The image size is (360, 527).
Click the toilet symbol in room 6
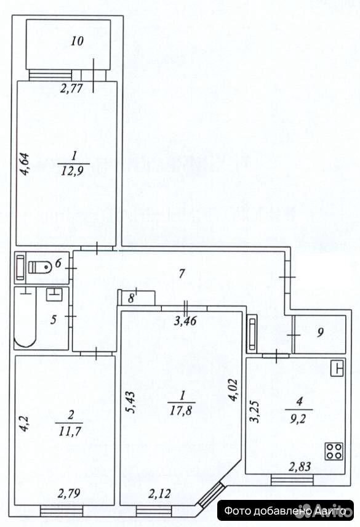coord(40,268)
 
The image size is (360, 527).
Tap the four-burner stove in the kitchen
coord(334,451)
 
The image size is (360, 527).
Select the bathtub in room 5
coord(25,318)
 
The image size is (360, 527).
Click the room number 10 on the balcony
coord(77,41)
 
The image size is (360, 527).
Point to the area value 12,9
coord(72,171)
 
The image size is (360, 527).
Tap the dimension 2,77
coord(71,89)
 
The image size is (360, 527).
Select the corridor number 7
coord(182,273)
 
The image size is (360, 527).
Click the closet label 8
coord(131,298)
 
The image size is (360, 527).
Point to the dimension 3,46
coord(185,321)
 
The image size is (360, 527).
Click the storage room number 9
coord(320,332)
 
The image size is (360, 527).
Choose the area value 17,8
coord(181,410)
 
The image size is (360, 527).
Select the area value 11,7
coord(70,431)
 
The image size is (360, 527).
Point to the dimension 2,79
coord(69,493)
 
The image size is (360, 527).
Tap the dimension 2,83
coord(300,467)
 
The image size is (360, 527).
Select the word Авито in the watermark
coord(330,511)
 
